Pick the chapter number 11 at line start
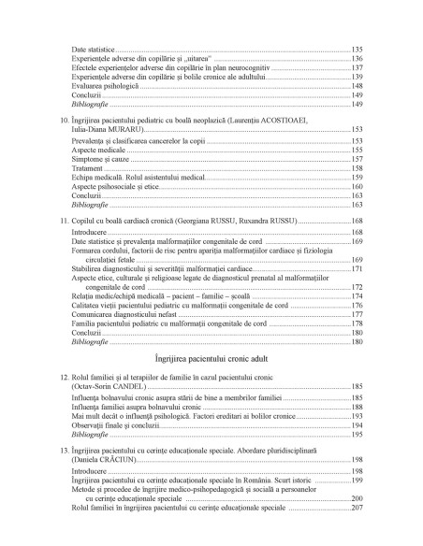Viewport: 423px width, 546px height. [x=65, y=219]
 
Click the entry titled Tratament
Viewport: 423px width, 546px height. [x=90, y=168]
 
